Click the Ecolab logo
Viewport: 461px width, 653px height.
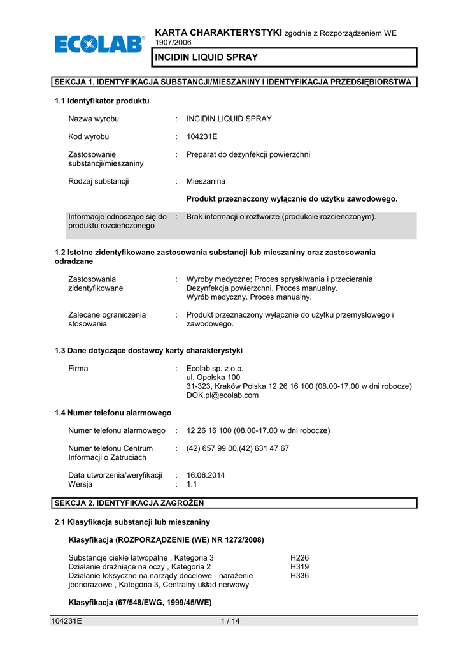(x=99, y=45)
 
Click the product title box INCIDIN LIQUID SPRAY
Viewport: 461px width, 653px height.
(x=284, y=57)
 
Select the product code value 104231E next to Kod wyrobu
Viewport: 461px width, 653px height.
(x=203, y=136)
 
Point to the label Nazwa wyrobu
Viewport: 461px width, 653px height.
(x=94, y=119)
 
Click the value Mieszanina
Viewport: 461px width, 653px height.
(x=206, y=181)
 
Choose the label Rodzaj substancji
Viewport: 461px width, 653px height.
(x=99, y=181)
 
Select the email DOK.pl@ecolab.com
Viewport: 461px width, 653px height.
(x=223, y=395)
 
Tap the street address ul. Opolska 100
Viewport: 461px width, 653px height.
(x=213, y=378)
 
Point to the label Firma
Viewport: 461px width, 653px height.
(x=78, y=369)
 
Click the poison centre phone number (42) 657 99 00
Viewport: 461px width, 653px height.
(x=211, y=448)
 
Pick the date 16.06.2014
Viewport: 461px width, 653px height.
(x=206, y=475)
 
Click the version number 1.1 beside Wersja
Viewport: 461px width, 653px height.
(x=192, y=484)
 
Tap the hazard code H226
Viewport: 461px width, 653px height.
(x=299, y=557)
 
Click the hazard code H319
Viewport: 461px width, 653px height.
(x=299, y=566)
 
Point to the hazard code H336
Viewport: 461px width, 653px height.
(x=299, y=575)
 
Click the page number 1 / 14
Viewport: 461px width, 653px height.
(x=229, y=622)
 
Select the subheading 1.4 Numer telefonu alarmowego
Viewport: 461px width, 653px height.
(x=113, y=413)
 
